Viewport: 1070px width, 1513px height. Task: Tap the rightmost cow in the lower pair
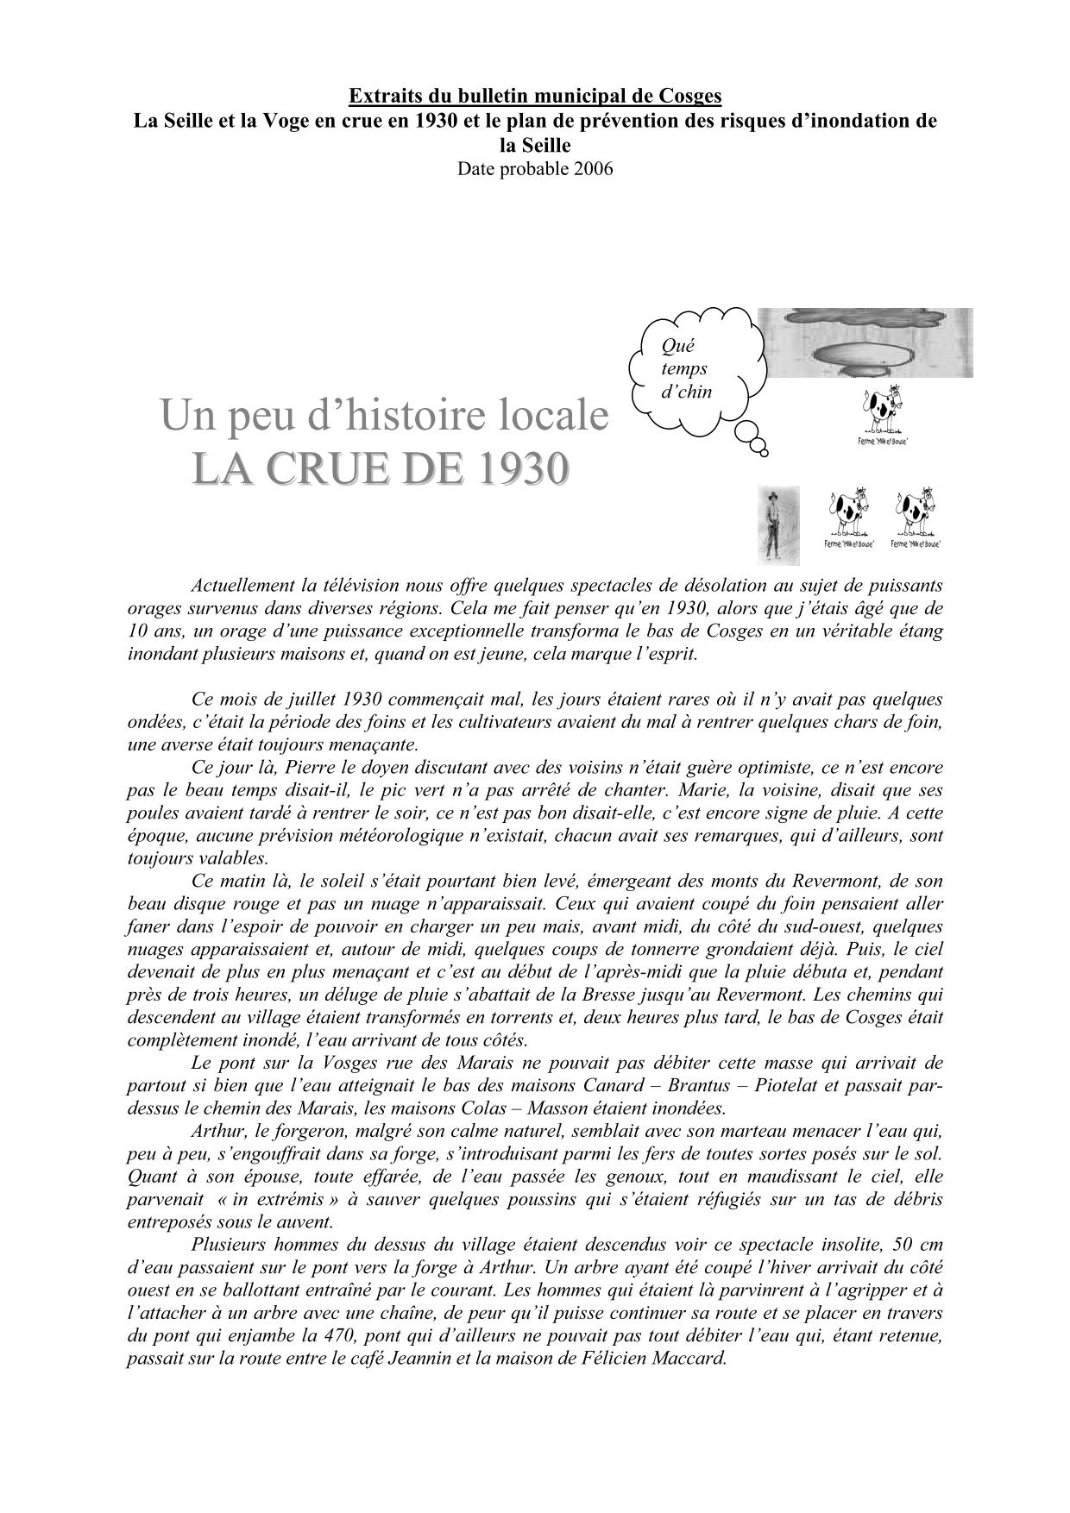coord(915,517)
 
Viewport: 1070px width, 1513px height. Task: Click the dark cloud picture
coord(870,342)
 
